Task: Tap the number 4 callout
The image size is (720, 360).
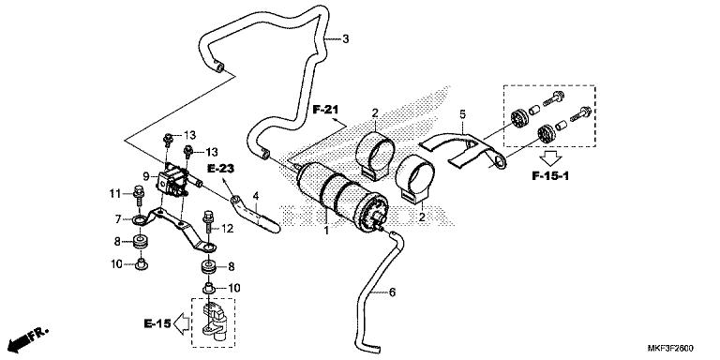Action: click(255, 196)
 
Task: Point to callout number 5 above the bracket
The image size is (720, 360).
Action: click(461, 114)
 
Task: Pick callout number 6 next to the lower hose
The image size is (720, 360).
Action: click(393, 292)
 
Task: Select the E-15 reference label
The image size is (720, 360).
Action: click(157, 324)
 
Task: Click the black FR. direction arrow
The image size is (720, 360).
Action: click(25, 336)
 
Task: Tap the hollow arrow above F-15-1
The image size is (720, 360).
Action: click(557, 156)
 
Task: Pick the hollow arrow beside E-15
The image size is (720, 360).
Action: click(185, 324)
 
